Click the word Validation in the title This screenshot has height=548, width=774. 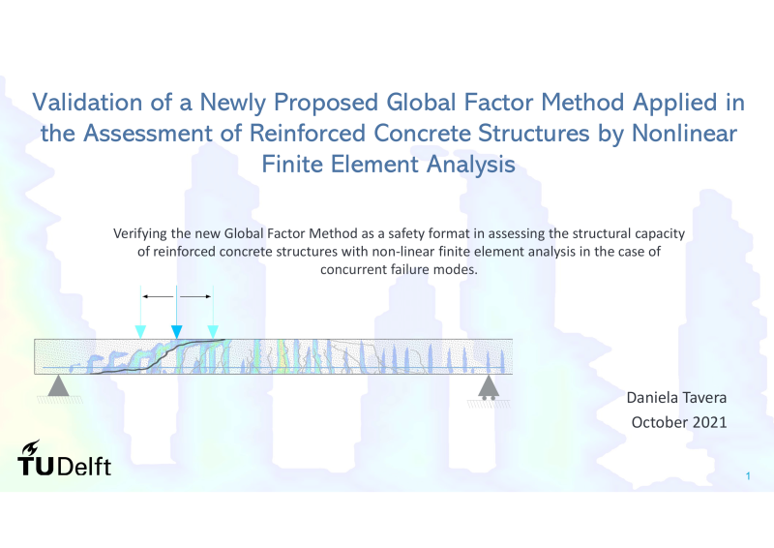coord(87,103)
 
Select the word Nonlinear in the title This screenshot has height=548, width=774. coord(684,133)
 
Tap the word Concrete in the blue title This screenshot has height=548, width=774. coord(421,133)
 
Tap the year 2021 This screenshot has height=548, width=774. coord(710,422)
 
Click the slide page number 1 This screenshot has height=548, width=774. coord(748,475)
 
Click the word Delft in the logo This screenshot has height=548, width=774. coord(84,467)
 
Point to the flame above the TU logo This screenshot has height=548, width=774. coord(32,447)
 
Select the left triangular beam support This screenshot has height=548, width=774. coord(59,386)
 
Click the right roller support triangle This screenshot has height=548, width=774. coord(489,386)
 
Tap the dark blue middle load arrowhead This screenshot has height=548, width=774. coord(176,331)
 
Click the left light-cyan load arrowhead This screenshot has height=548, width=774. coord(140,331)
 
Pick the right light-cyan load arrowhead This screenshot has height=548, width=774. coord(213,331)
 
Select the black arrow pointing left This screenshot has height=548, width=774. coord(158,296)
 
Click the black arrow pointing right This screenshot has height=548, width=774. coord(195,296)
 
